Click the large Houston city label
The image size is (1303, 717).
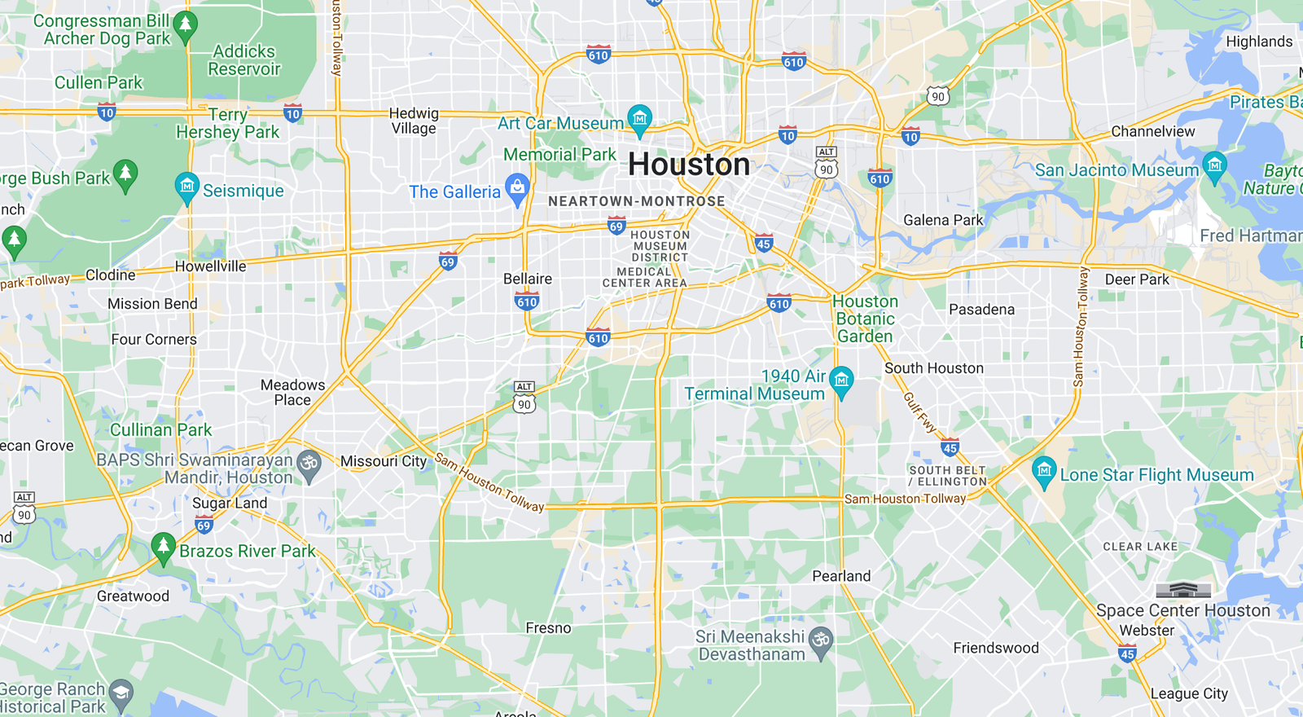point(689,165)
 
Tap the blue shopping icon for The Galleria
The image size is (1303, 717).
point(517,188)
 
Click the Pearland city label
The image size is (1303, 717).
point(841,576)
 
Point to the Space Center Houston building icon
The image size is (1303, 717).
point(1183,590)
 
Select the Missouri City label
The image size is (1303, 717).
point(384,461)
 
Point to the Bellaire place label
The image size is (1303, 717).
point(528,279)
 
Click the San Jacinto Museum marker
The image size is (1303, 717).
point(1214,166)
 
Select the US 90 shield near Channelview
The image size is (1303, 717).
point(938,96)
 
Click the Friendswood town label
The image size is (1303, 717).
point(996,648)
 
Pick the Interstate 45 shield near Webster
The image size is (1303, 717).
point(1127,653)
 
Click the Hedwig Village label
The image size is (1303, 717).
point(414,121)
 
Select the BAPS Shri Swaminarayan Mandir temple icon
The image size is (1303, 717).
point(309,464)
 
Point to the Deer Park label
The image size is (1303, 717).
point(1137,279)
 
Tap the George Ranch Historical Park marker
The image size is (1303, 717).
point(121,693)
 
